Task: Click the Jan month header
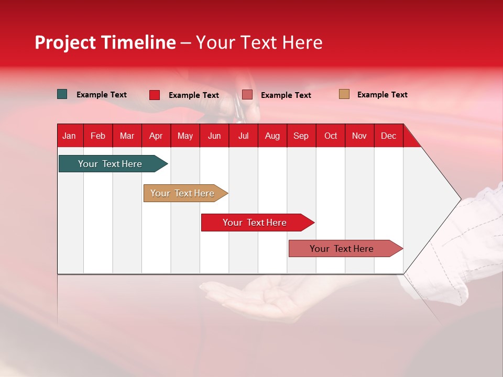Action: click(x=69, y=136)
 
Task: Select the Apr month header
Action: click(x=156, y=136)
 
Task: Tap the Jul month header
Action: click(x=244, y=136)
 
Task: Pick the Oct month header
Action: click(x=331, y=136)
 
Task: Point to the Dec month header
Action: click(x=388, y=136)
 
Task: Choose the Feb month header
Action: click(x=98, y=136)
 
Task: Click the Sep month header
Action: click(x=301, y=136)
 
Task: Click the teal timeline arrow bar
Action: click(x=113, y=163)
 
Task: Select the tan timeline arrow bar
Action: click(x=185, y=193)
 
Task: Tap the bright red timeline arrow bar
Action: click(x=258, y=223)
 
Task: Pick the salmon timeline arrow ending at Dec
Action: click(x=346, y=248)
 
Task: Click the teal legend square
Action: click(x=62, y=94)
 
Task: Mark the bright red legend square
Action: click(x=155, y=95)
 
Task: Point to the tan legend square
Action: click(x=344, y=94)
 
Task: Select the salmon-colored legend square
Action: click(x=247, y=95)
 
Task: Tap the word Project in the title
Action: click(x=65, y=43)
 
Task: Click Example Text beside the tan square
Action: click(x=382, y=95)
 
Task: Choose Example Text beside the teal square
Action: click(x=101, y=95)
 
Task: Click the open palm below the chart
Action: click(x=257, y=296)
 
